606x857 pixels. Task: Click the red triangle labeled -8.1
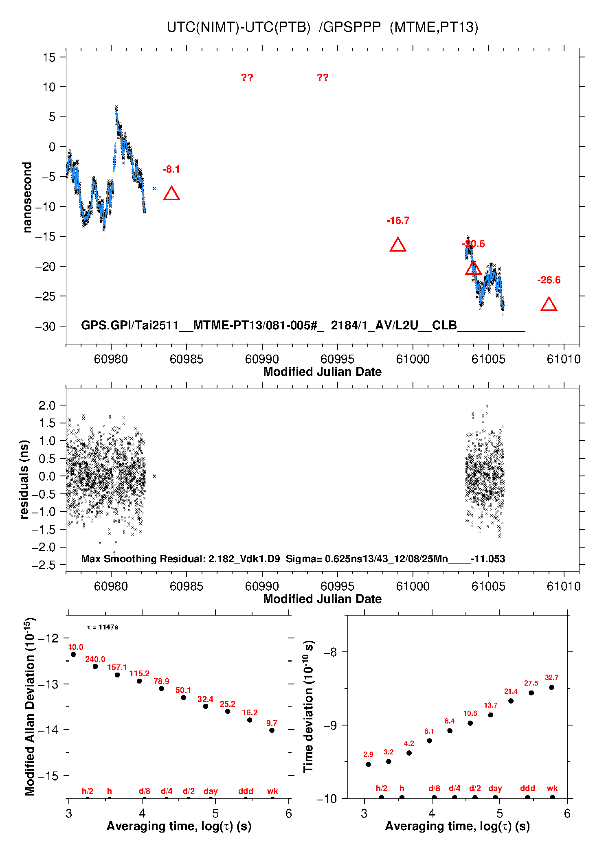(171, 194)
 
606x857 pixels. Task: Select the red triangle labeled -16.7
(398, 245)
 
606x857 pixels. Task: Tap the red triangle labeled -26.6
(549, 305)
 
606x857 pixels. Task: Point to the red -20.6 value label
(474, 244)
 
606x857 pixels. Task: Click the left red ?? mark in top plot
(247, 77)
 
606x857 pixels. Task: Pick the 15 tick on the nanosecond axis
(49, 57)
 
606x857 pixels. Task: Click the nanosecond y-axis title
(27, 197)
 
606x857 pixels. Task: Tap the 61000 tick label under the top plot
(413, 359)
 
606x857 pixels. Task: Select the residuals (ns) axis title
(24, 479)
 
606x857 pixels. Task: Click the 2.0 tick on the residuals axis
(47, 405)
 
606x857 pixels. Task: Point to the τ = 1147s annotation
(103, 627)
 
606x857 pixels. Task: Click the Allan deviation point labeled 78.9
(161, 688)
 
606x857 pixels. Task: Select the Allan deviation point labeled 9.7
(272, 730)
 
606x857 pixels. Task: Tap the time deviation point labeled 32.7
(551, 687)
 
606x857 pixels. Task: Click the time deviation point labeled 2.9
(368, 764)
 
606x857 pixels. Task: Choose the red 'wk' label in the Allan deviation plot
(272, 791)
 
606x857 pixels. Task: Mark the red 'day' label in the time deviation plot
(495, 788)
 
